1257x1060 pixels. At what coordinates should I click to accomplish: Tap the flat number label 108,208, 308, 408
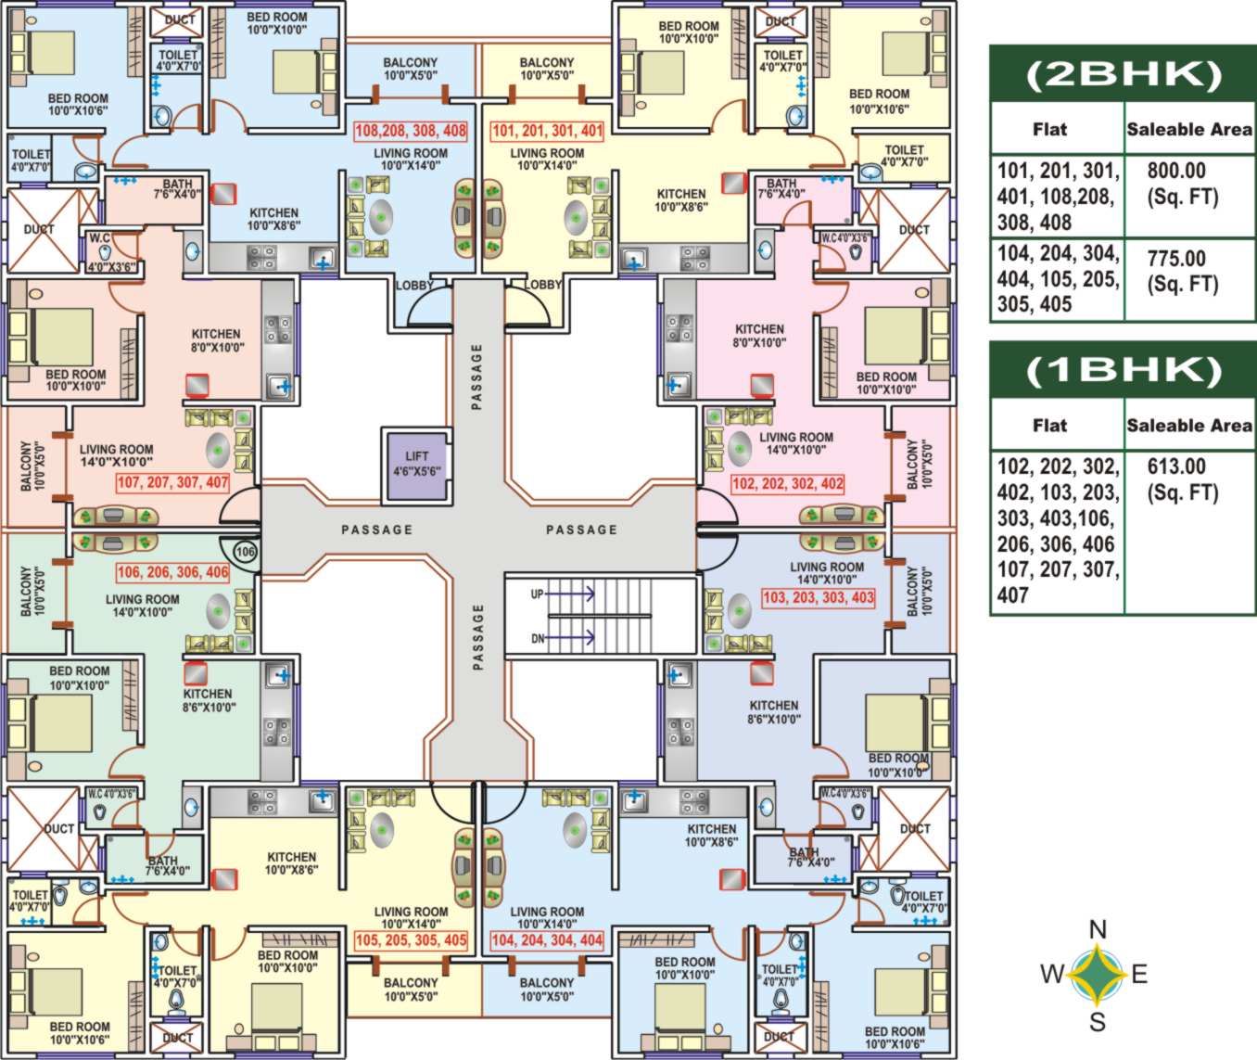pos(411,131)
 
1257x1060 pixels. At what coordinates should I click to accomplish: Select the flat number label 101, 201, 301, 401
pos(547,131)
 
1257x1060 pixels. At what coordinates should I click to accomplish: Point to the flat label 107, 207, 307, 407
pos(172,482)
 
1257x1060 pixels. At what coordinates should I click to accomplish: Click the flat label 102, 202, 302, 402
pos(787,483)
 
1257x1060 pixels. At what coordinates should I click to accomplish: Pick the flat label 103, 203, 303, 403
pos(819,597)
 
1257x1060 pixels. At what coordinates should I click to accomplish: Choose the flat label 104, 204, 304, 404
pos(547,939)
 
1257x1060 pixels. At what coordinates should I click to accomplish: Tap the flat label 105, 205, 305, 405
pos(411,939)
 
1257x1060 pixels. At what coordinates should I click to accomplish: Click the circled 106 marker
pos(245,552)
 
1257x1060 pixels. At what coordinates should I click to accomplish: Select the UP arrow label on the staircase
pos(538,594)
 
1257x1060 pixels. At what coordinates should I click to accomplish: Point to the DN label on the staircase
pos(538,638)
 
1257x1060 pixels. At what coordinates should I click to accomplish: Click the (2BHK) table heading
pos(1123,75)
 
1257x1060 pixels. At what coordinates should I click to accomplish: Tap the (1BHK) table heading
pos(1123,371)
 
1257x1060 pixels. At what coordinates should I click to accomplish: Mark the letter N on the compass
pos(1098,929)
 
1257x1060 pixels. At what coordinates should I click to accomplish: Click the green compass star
pos(1098,975)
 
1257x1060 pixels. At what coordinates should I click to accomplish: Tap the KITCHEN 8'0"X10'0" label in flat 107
pos(216,340)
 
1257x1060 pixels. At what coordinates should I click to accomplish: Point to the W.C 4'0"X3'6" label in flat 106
pos(112,794)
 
